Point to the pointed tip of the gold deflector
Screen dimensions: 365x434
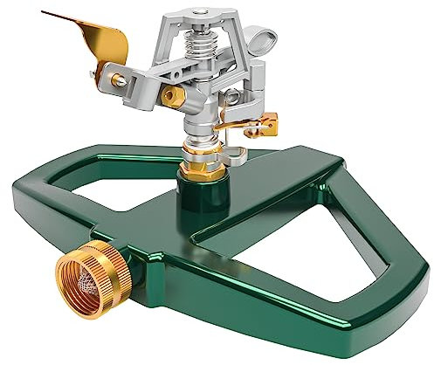45,13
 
